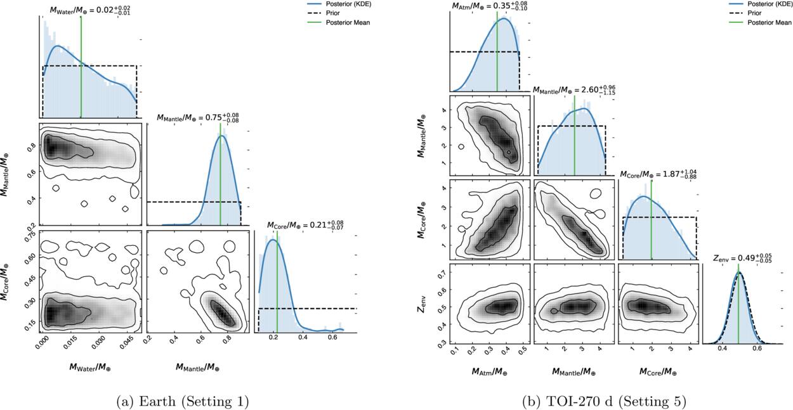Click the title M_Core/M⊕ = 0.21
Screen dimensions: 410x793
305,224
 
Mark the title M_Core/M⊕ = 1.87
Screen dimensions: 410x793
659,174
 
